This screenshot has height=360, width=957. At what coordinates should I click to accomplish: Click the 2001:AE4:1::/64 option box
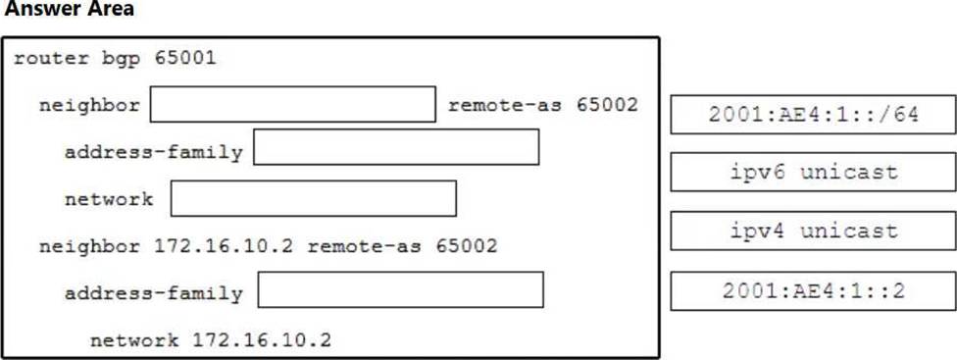[x=813, y=115]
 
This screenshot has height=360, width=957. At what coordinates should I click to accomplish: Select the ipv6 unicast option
[x=813, y=172]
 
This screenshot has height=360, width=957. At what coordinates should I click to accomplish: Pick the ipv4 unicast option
[x=813, y=231]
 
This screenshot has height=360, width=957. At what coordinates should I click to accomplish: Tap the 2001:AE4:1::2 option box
[x=813, y=291]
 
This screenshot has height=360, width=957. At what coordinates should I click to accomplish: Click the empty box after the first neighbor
[x=293, y=104]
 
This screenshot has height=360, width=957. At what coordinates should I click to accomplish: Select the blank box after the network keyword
[x=313, y=198]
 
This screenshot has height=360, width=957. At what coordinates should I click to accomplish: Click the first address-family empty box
[x=396, y=146]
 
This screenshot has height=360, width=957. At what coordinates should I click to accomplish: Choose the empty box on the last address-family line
[x=400, y=289]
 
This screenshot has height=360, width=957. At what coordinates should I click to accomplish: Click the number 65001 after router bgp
[x=185, y=58]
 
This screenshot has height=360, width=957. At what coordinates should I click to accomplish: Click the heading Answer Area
[x=69, y=9]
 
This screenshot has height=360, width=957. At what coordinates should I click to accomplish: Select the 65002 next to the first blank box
[x=607, y=105]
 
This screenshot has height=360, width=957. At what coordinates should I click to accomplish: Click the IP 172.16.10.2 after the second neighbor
[x=224, y=246]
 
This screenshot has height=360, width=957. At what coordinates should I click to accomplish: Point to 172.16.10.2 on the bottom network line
[x=262, y=340]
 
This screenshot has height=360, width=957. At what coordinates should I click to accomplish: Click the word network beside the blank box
[x=109, y=199]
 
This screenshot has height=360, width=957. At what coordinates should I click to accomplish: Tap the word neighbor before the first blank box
[x=90, y=106]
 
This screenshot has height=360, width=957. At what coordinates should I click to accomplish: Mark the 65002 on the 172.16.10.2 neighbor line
[x=467, y=246]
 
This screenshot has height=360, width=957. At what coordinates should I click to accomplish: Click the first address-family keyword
[x=154, y=153]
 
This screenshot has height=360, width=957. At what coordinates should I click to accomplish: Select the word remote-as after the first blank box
[x=505, y=105]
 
